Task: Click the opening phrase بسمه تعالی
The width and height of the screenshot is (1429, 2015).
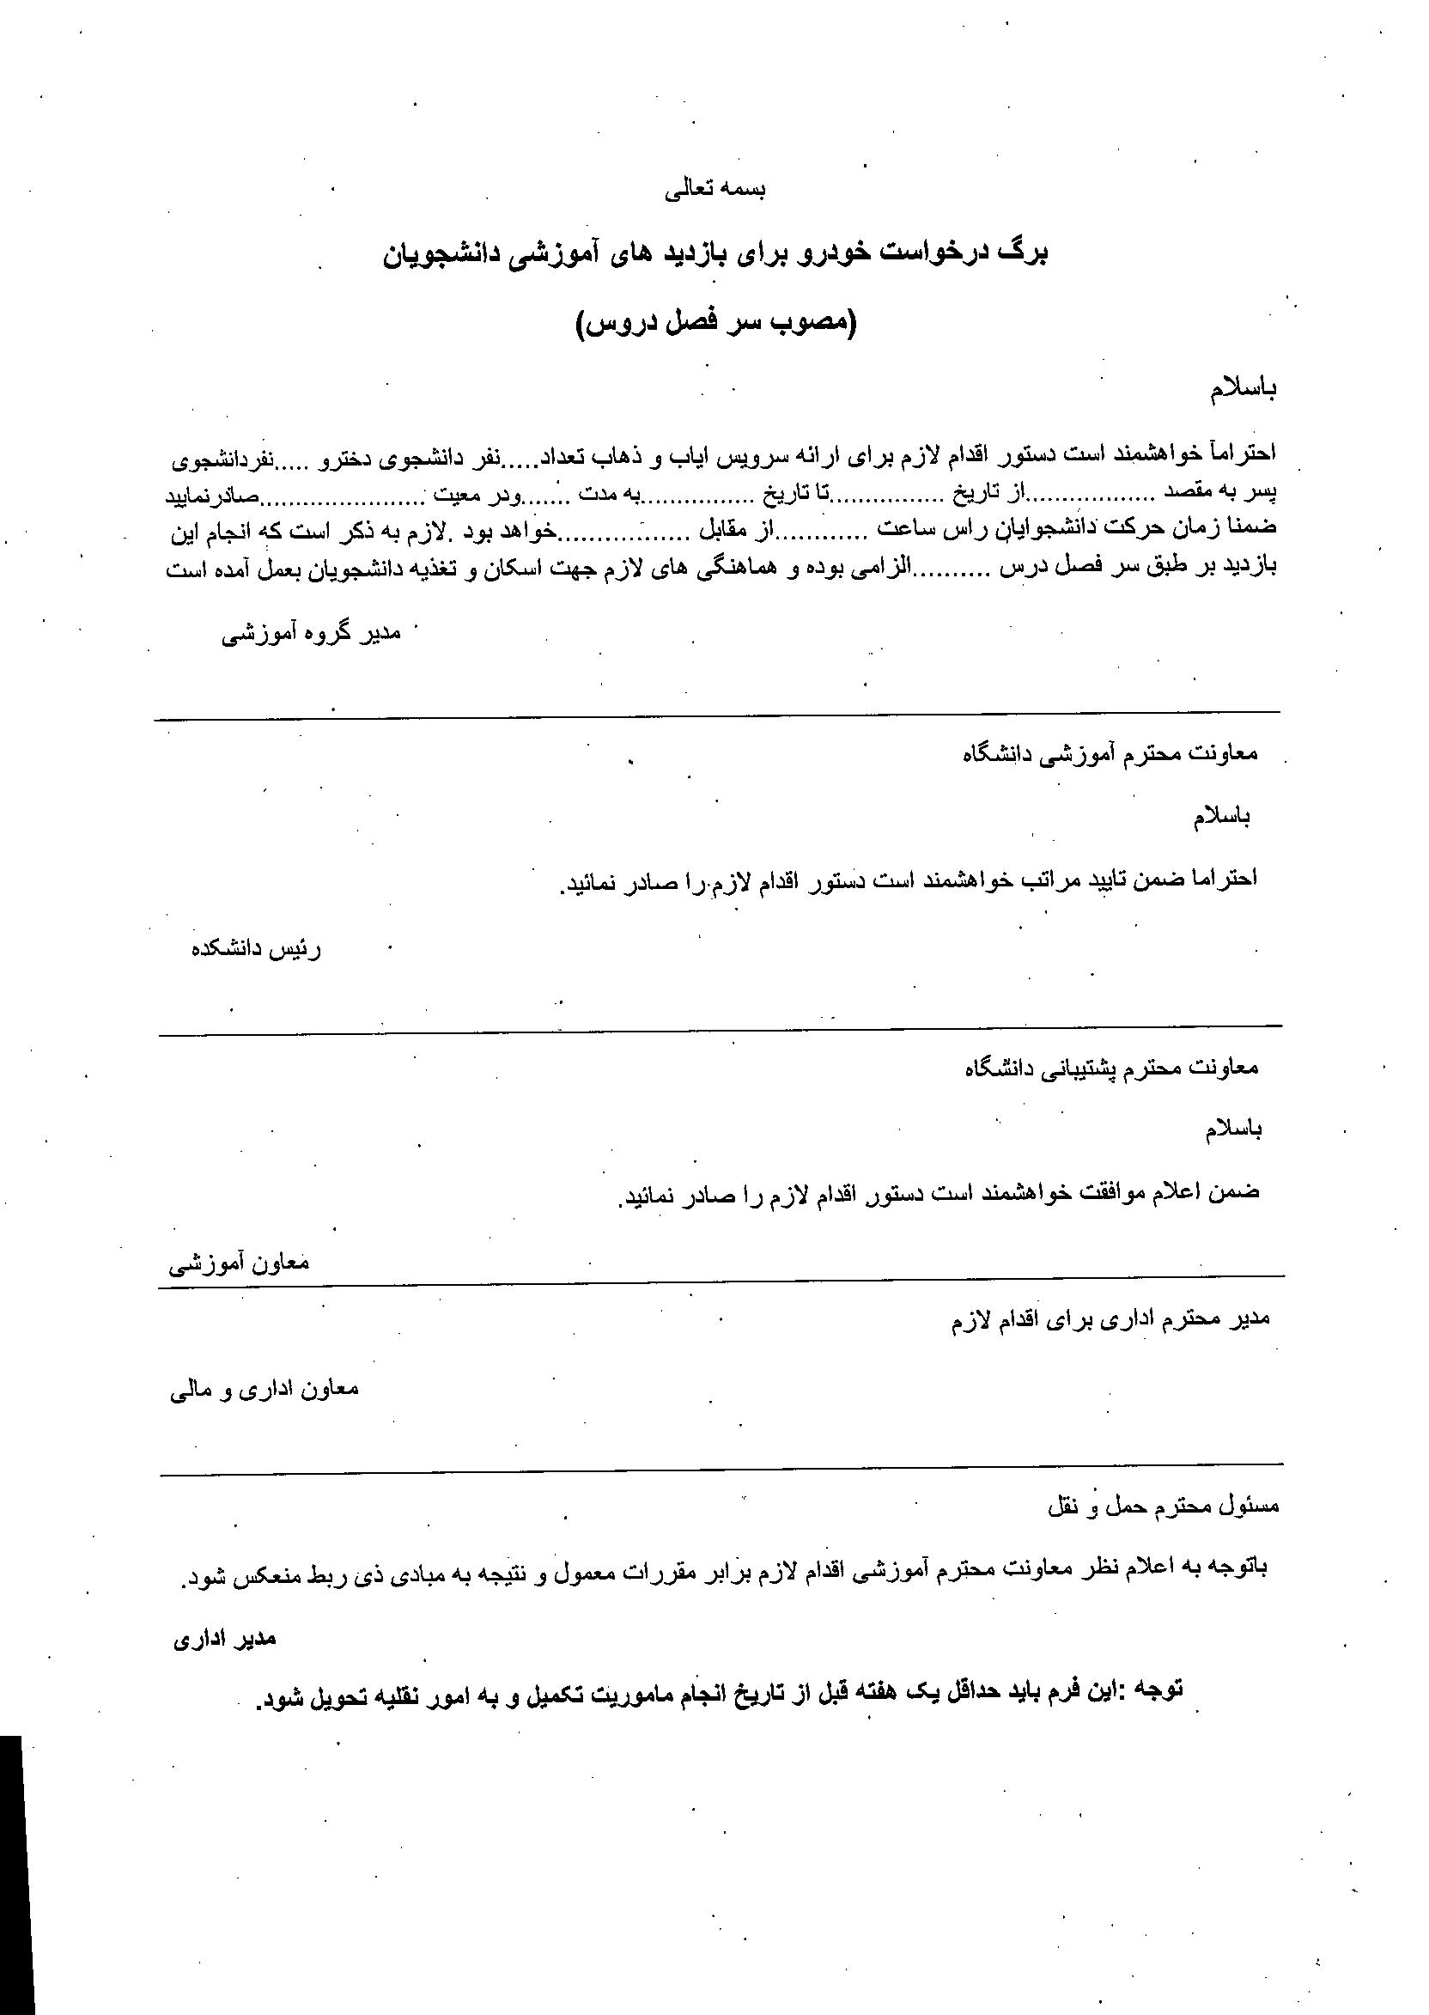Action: point(714,191)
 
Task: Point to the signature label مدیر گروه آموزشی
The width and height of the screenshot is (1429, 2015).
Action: point(312,634)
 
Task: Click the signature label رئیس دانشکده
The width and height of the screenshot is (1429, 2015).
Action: point(257,950)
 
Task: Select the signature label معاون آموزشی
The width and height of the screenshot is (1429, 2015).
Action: point(240,1264)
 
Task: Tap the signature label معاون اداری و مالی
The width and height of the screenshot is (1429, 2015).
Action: point(265,1391)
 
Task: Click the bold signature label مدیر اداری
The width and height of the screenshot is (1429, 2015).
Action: point(224,1639)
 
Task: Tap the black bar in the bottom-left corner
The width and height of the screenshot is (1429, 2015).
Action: point(10,1874)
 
